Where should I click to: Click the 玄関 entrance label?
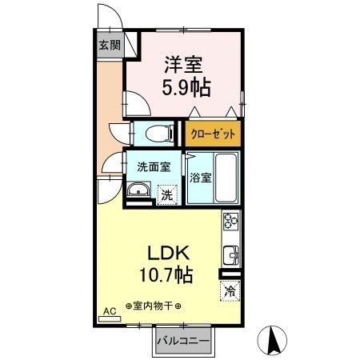click(x=110, y=45)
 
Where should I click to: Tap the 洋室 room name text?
click(x=183, y=65)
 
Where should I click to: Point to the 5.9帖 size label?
click(x=186, y=87)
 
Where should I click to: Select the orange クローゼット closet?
click(x=213, y=134)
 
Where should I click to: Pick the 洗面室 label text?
click(x=154, y=167)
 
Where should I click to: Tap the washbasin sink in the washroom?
click(x=138, y=190)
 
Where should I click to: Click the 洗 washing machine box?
click(x=167, y=195)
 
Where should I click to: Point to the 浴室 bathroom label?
click(x=201, y=178)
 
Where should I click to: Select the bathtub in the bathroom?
click(x=226, y=178)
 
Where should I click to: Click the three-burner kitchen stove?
click(x=230, y=221)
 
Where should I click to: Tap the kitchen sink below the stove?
click(x=230, y=255)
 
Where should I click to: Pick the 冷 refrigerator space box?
click(x=230, y=290)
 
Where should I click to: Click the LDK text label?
click(x=169, y=253)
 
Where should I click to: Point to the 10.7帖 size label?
click(x=166, y=275)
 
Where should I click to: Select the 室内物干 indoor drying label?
click(x=154, y=306)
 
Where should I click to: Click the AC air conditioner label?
click(x=110, y=311)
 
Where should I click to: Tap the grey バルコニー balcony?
click(x=183, y=341)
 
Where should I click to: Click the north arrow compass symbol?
click(x=273, y=341)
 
